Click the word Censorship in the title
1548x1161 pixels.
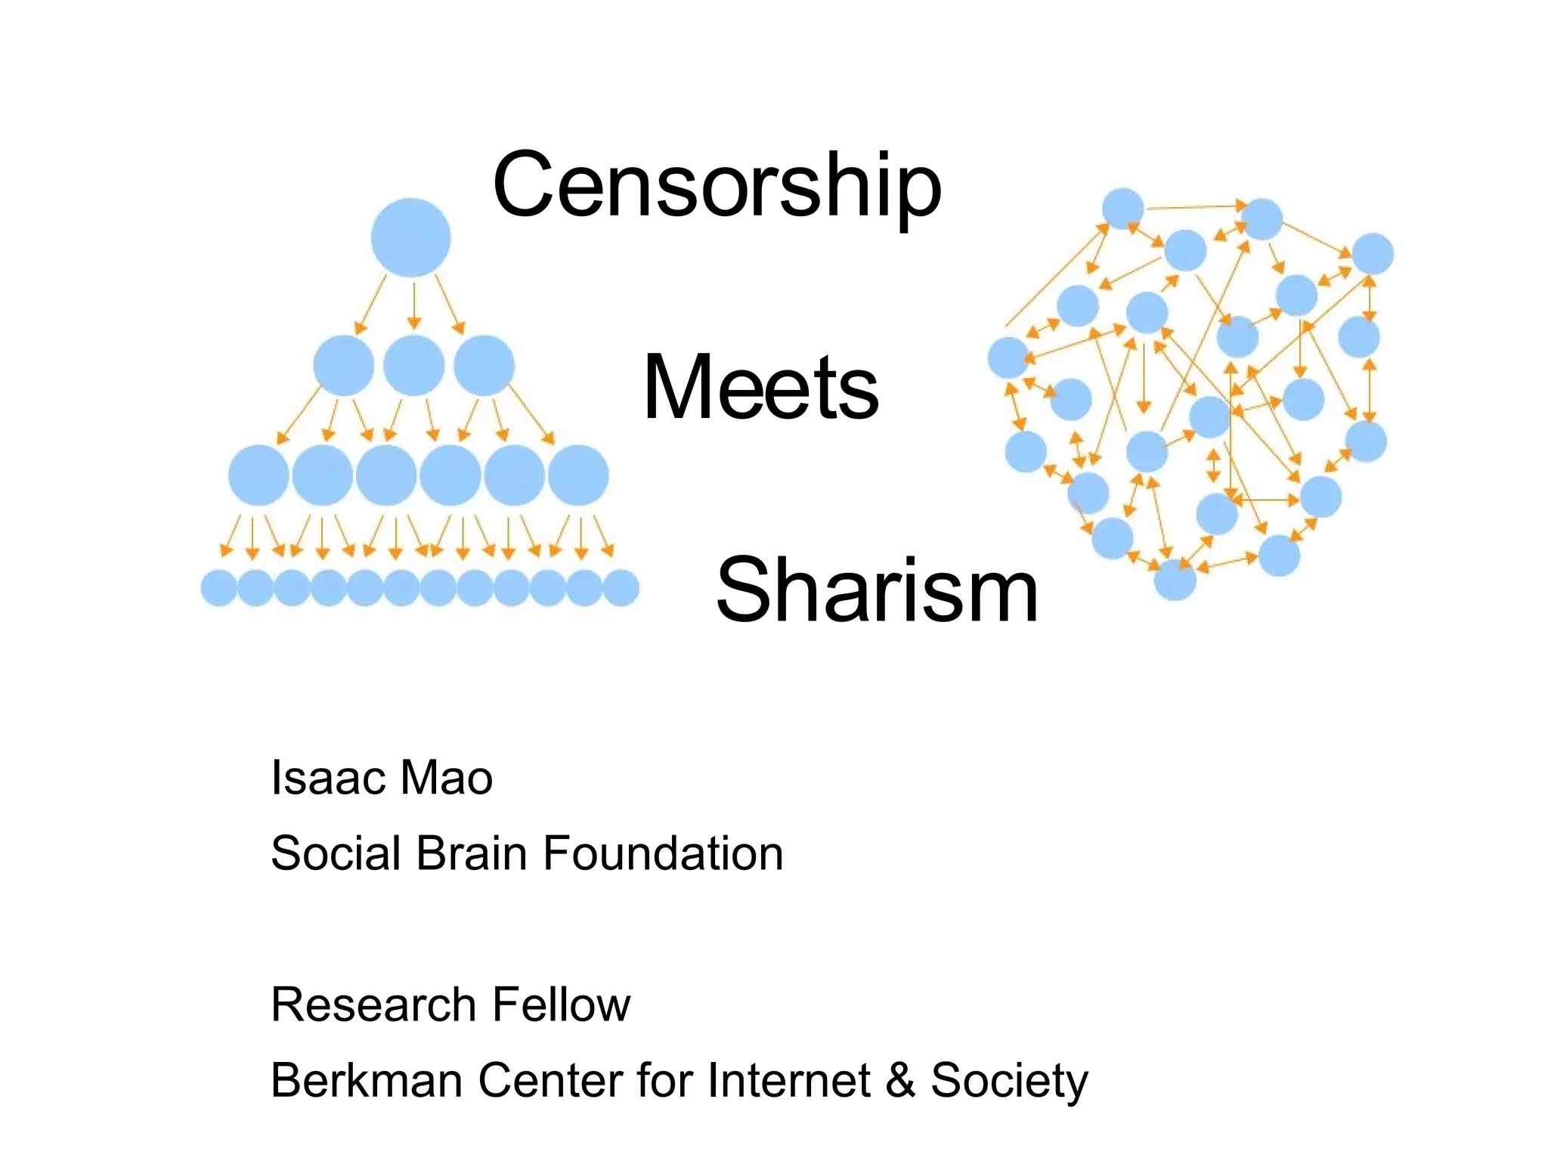tap(717, 185)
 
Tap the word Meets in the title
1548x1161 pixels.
tap(760, 387)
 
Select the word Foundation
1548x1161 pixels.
tap(662, 853)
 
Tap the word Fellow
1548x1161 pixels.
tap(561, 1005)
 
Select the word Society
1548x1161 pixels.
tap(1009, 1082)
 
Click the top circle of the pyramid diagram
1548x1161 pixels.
tap(410, 237)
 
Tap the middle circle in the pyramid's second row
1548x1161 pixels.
tap(413, 366)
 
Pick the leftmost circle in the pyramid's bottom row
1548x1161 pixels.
tap(219, 587)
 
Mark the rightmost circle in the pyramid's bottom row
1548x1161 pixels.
tap(621, 587)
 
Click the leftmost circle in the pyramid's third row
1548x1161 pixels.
tap(259, 475)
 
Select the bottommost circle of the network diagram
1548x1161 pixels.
tap(1175, 580)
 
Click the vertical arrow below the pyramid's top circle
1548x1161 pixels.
tap(413, 305)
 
